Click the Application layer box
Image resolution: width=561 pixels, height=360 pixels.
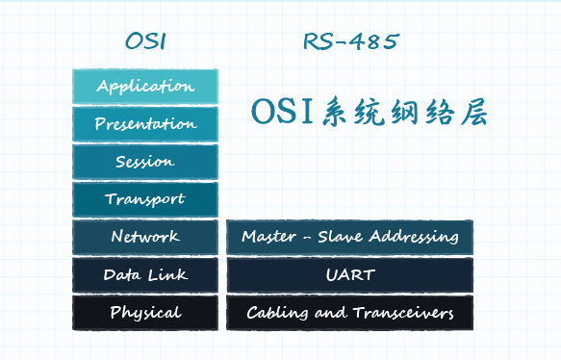pos(145,87)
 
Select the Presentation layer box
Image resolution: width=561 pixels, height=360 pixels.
pos(145,124)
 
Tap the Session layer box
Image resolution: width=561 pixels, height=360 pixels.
pos(145,162)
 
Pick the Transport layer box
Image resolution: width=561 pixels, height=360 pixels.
pos(145,199)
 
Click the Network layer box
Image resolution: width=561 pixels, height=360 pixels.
pos(145,237)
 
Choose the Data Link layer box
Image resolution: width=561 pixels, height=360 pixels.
pos(145,275)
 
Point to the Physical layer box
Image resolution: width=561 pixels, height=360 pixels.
pos(145,313)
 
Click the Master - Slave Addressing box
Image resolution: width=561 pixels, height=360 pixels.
pos(349,237)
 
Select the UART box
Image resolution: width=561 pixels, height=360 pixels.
pos(349,275)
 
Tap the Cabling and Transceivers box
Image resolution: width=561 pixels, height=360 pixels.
pos(349,313)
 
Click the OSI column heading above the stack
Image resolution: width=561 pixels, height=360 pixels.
pos(145,41)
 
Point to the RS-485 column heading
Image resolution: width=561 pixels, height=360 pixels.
pos(350,41)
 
